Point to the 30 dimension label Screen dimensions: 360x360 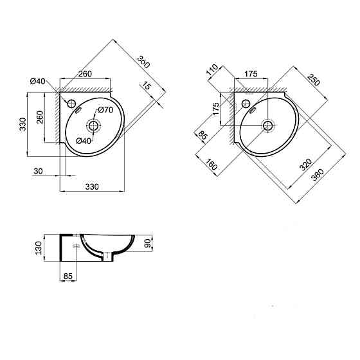(38, 171)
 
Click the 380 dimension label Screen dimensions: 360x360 (316, 182)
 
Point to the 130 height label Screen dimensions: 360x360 (39, 248)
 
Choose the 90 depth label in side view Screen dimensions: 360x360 (147, 244)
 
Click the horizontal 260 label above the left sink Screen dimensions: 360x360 (84, 75)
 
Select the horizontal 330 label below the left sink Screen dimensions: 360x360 (91, 187)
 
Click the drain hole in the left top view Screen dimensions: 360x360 (94, 125)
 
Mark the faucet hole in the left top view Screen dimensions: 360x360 (71, 103)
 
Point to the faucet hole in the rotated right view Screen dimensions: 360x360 (246, 102)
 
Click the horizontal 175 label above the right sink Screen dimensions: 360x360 (251, 75)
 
